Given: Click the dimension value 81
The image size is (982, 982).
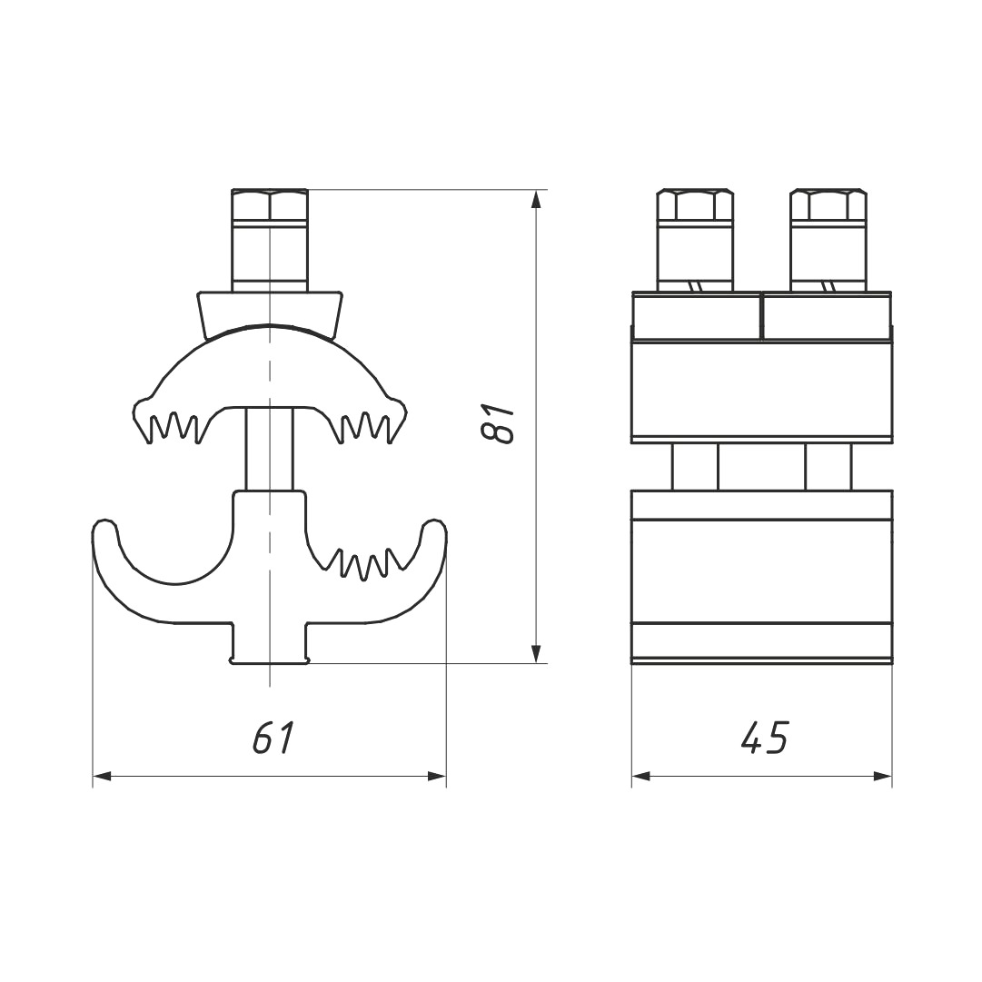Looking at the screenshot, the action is tap(501, 424).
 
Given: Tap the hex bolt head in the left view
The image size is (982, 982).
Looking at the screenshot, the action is tap(270, 204).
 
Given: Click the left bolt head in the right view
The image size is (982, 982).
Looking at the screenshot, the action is tap(695, 204).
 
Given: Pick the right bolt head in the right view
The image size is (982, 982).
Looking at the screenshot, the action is tap(828, 204).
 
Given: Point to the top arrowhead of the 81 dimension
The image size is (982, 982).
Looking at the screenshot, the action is tap(535, 199).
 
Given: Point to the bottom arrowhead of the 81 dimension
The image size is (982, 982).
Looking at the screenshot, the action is tap(535, 653).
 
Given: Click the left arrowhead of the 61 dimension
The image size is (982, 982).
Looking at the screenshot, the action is tap(102, 777).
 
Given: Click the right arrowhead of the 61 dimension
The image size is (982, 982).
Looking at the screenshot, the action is tap(437, 777).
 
